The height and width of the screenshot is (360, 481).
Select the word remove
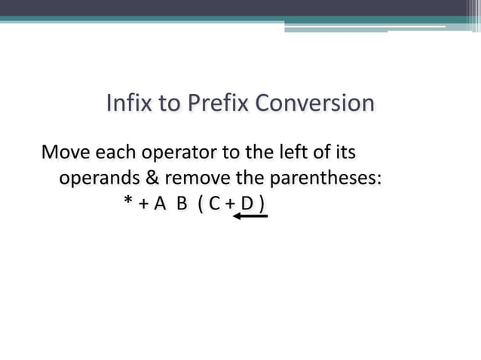196,179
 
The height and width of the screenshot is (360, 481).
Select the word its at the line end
344,153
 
